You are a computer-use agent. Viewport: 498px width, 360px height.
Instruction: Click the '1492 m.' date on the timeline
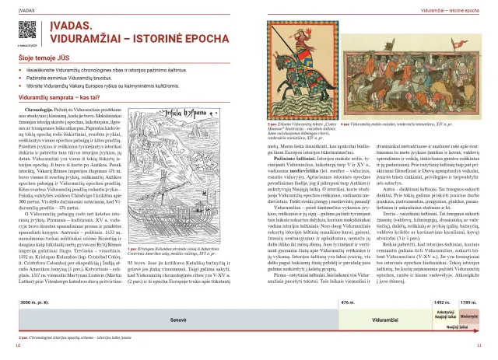click(442, 301)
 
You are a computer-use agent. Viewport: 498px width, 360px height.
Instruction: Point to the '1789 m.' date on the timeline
click(470, 301)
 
